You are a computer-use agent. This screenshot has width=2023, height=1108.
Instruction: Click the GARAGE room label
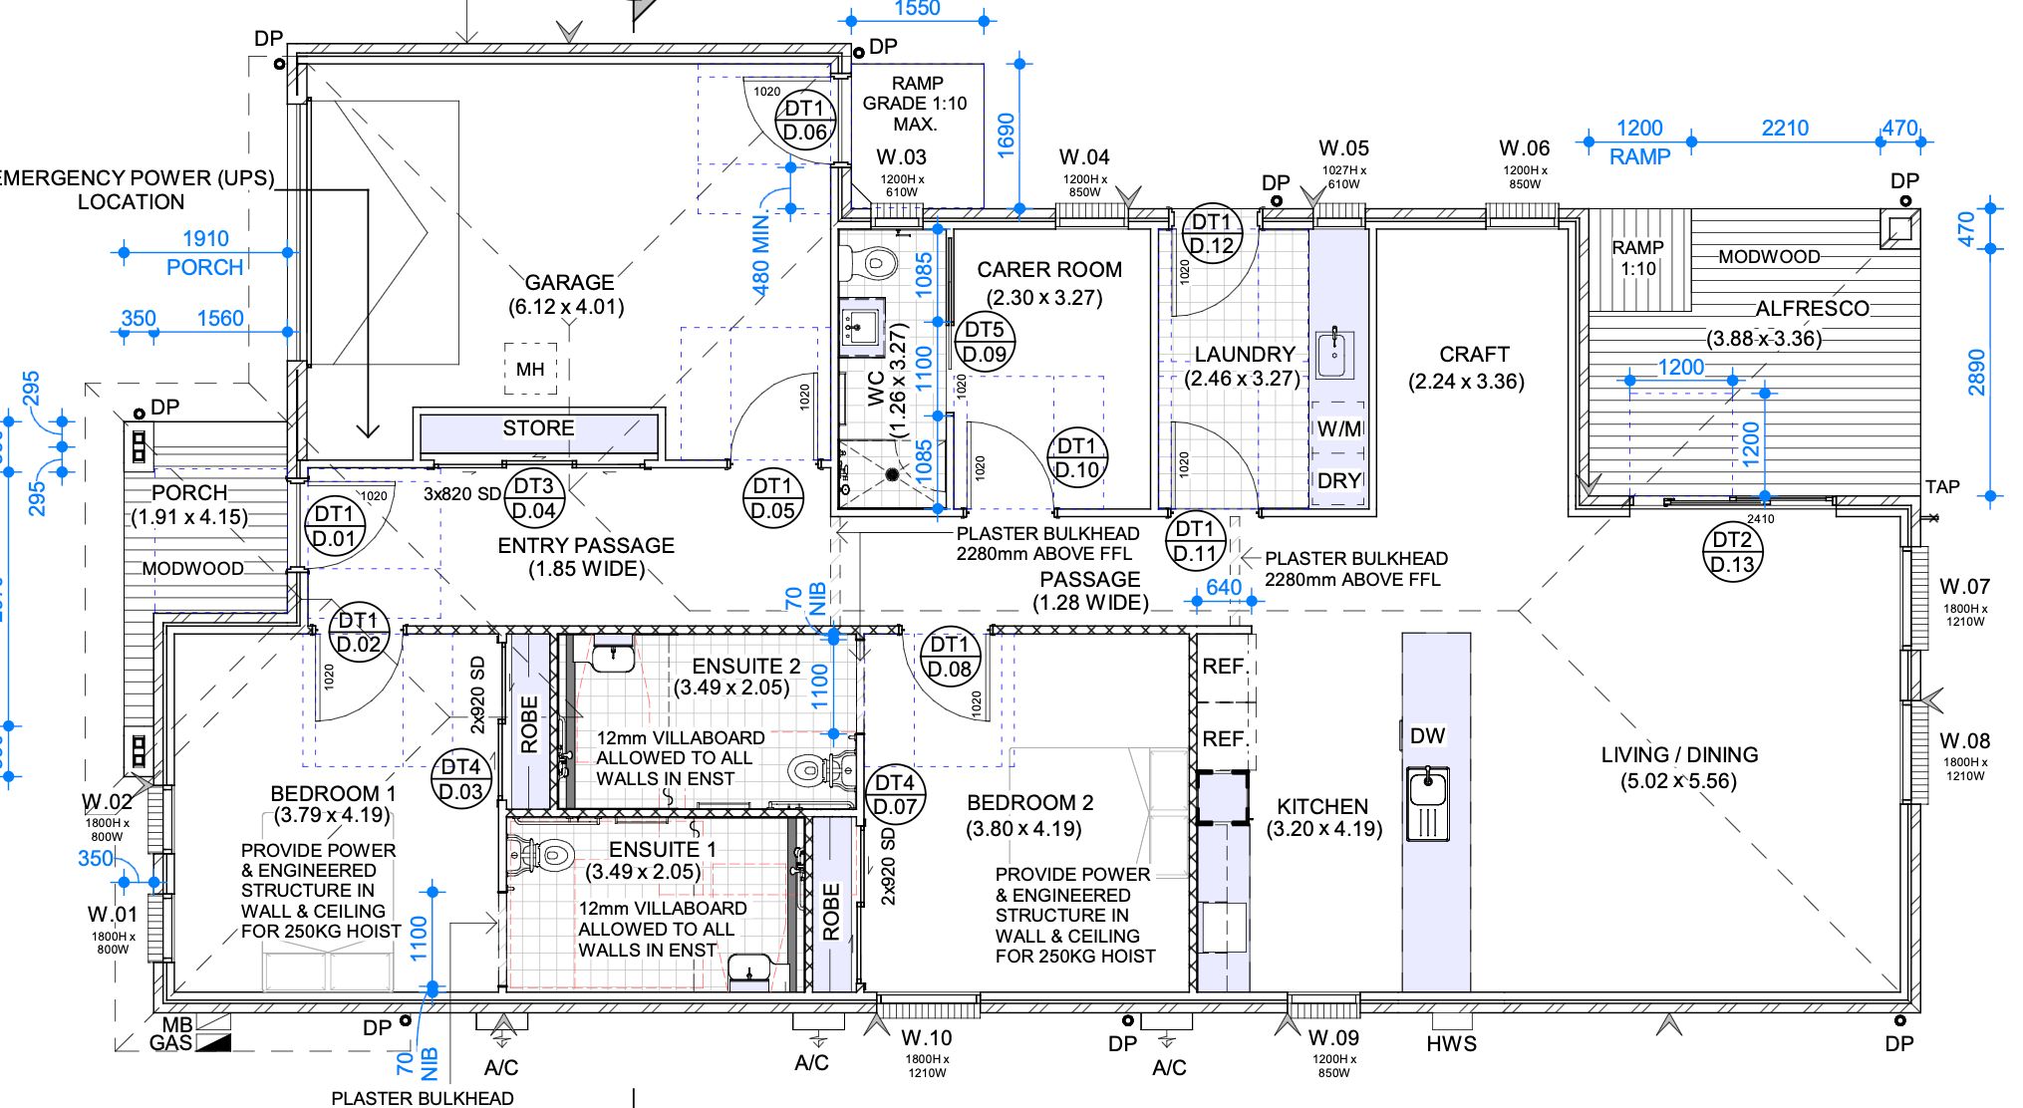pyautogui.click(x=569, y=283)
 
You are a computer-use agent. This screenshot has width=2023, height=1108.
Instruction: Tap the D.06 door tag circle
pyautogui.click(x=805, y=122)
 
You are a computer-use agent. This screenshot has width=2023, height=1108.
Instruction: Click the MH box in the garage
pyautogui.click(x=530, y=370)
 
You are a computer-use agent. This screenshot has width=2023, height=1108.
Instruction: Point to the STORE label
pyautogui.click(x=538, y=428)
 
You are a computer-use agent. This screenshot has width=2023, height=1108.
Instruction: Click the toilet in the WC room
pyautogui.click(x=866, y=263)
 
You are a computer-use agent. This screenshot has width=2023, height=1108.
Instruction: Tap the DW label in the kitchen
pyautogui.click(x=1427, y=736)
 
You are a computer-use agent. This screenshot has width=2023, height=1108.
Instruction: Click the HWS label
pyautogui.click(x=1451, y=1044)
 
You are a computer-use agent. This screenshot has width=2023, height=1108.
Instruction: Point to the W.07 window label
pyautogui.click(x=1964, y=587)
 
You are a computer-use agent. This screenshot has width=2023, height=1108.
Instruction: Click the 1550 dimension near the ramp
pyautogui.click(x=917, y=9)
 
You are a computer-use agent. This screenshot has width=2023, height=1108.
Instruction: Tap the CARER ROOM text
pyautogui.click(x=1049, y=270)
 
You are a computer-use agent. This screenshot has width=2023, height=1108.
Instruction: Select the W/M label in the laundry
pyautogui.click(x=1339, y=429)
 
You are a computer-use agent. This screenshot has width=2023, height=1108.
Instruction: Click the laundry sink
pyautogui.click(x=1335, y=352)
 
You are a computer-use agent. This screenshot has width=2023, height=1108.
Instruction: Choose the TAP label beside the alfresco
pyautogui.click(x=1942, y=487)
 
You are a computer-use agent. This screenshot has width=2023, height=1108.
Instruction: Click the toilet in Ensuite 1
pyautogui.click(x=545, y=855)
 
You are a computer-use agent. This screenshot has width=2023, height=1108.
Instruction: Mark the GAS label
pyautogui.click(x=170, y=1043)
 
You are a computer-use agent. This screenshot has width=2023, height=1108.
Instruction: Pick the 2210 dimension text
pyautogui.click(x=1785, y=129)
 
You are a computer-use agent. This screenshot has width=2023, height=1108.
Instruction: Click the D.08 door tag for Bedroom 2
pyautogui.click(x=949, y=658)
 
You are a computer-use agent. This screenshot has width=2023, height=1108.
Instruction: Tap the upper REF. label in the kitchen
pyautogui.click(x=1225, y=667)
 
